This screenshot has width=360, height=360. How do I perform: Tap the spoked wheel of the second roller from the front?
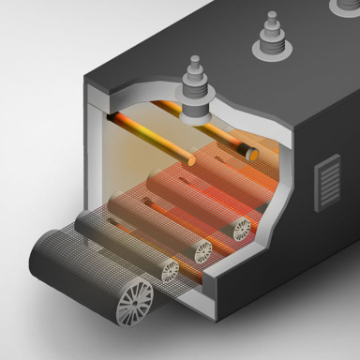[x=169, y=272]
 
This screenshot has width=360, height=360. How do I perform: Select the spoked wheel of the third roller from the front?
[x=202, y=250]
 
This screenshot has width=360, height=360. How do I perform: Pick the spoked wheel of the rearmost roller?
[x=241, y=228]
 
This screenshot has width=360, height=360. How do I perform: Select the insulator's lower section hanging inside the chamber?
[x=198, y=112]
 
